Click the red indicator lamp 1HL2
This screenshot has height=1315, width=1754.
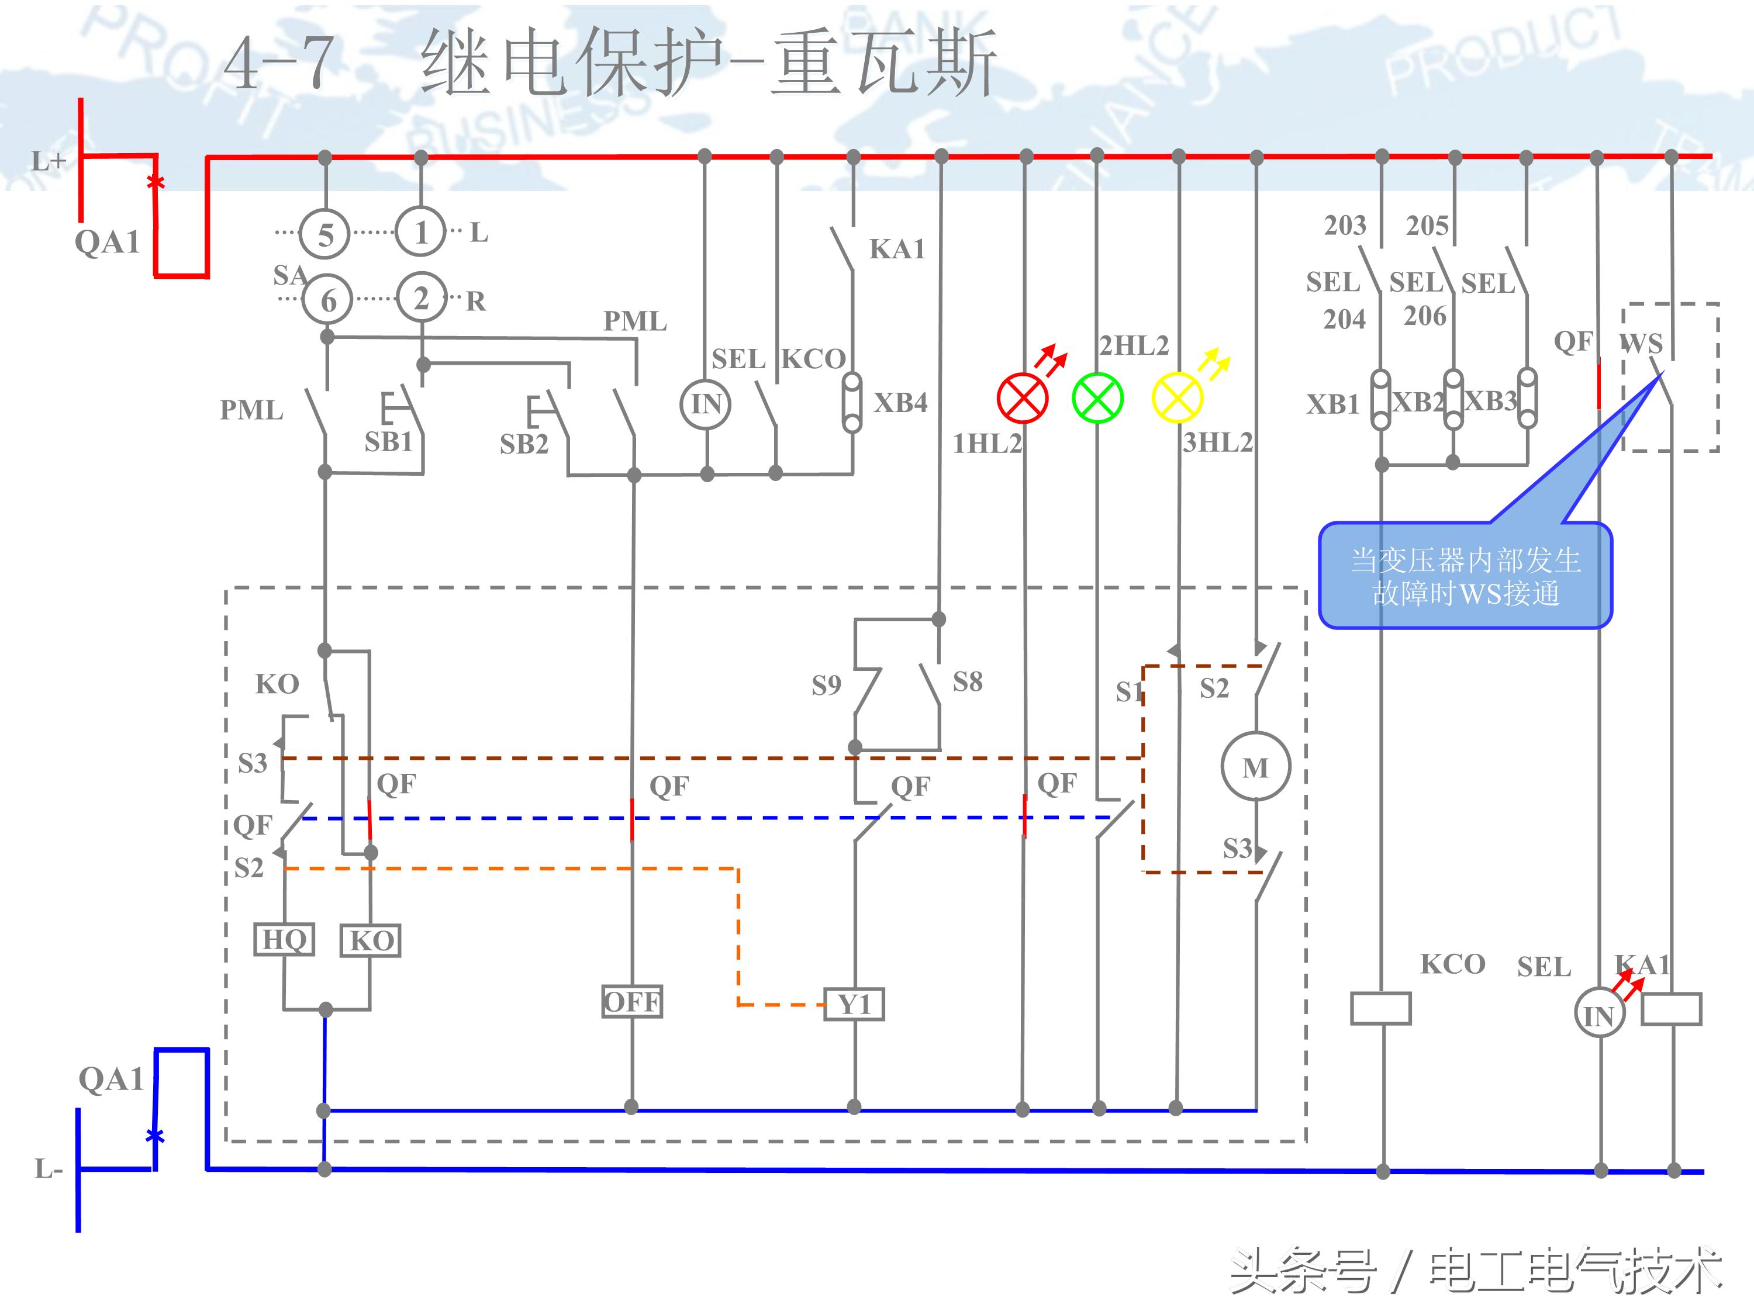point(1022,398)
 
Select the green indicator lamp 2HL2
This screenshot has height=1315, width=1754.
point(1097,398)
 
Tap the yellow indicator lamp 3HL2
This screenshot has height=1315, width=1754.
point(1177,398)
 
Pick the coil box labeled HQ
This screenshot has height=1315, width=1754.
point(284,940)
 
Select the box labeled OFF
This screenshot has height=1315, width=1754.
point(631,1002)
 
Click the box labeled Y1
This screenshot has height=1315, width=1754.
point(854,1004)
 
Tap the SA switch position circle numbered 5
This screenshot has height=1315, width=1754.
point(325,234)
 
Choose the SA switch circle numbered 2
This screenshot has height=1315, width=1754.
point(421,298)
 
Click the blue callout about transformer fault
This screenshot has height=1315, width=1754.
point(1465,576)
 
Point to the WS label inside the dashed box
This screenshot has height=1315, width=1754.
point(1641,343)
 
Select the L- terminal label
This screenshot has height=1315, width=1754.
point(47,1168)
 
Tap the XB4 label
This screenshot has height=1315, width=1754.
point(900,403)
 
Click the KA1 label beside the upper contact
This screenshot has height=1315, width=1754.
point(897,249)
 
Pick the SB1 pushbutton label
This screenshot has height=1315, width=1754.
point(389,441)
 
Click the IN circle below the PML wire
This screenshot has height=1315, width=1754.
point(706,404)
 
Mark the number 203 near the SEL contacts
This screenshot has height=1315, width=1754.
point(1345,225)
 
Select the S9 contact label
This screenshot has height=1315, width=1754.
point(826,685)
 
